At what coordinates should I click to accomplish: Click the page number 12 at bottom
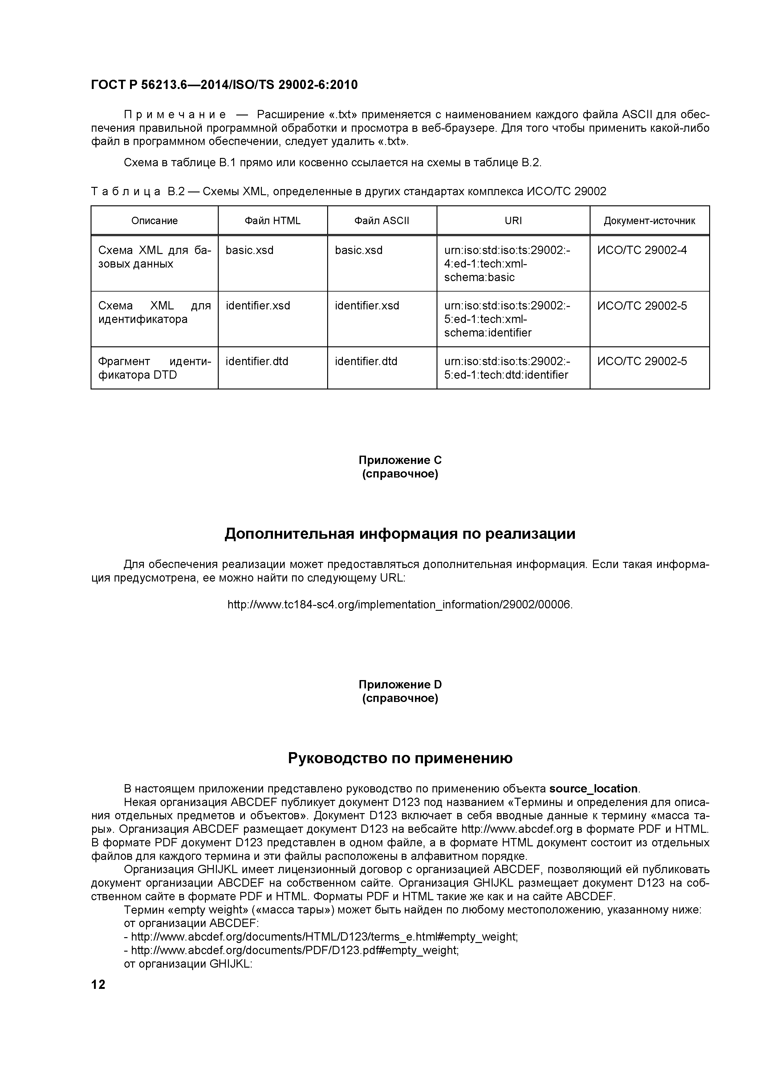point(98,985)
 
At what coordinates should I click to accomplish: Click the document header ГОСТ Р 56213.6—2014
point(224,85)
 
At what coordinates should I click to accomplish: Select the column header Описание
point(154,221)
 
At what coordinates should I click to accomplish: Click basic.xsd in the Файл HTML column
point(250,250)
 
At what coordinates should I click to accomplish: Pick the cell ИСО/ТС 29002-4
point(642,250)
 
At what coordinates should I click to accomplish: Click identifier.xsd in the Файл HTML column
point(258,306)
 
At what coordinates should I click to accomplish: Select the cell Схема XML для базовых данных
point(154,257)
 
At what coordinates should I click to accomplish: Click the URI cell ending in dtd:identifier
point(506,368)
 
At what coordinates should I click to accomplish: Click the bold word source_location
point(593,789)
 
